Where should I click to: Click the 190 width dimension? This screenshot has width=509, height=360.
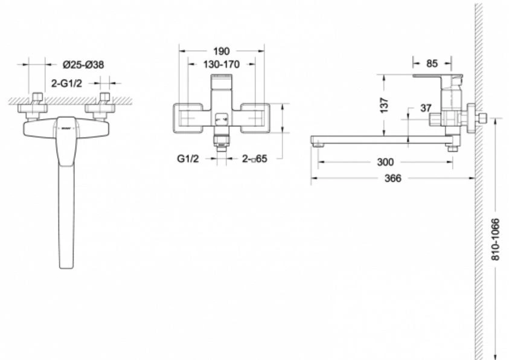click(x=222, y=51)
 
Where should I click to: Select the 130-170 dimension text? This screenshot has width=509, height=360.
click(x=222, y=64)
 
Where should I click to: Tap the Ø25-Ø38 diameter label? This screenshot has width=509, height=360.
click(x=83, y=65)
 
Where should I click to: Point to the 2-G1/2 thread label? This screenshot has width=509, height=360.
click(x=67, y=83)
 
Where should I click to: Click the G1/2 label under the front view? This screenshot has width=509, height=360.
click(x=188, y=158)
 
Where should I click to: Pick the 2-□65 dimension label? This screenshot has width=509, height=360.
click(x=255, y=158)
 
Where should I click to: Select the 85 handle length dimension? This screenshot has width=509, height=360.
click(x=432, y=63)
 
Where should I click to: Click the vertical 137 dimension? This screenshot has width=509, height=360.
click(x=384, y=105)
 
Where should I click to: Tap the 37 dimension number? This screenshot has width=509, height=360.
click(x=426, y=108)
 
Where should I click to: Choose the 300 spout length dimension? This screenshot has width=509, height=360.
click(x=385, y=162)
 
